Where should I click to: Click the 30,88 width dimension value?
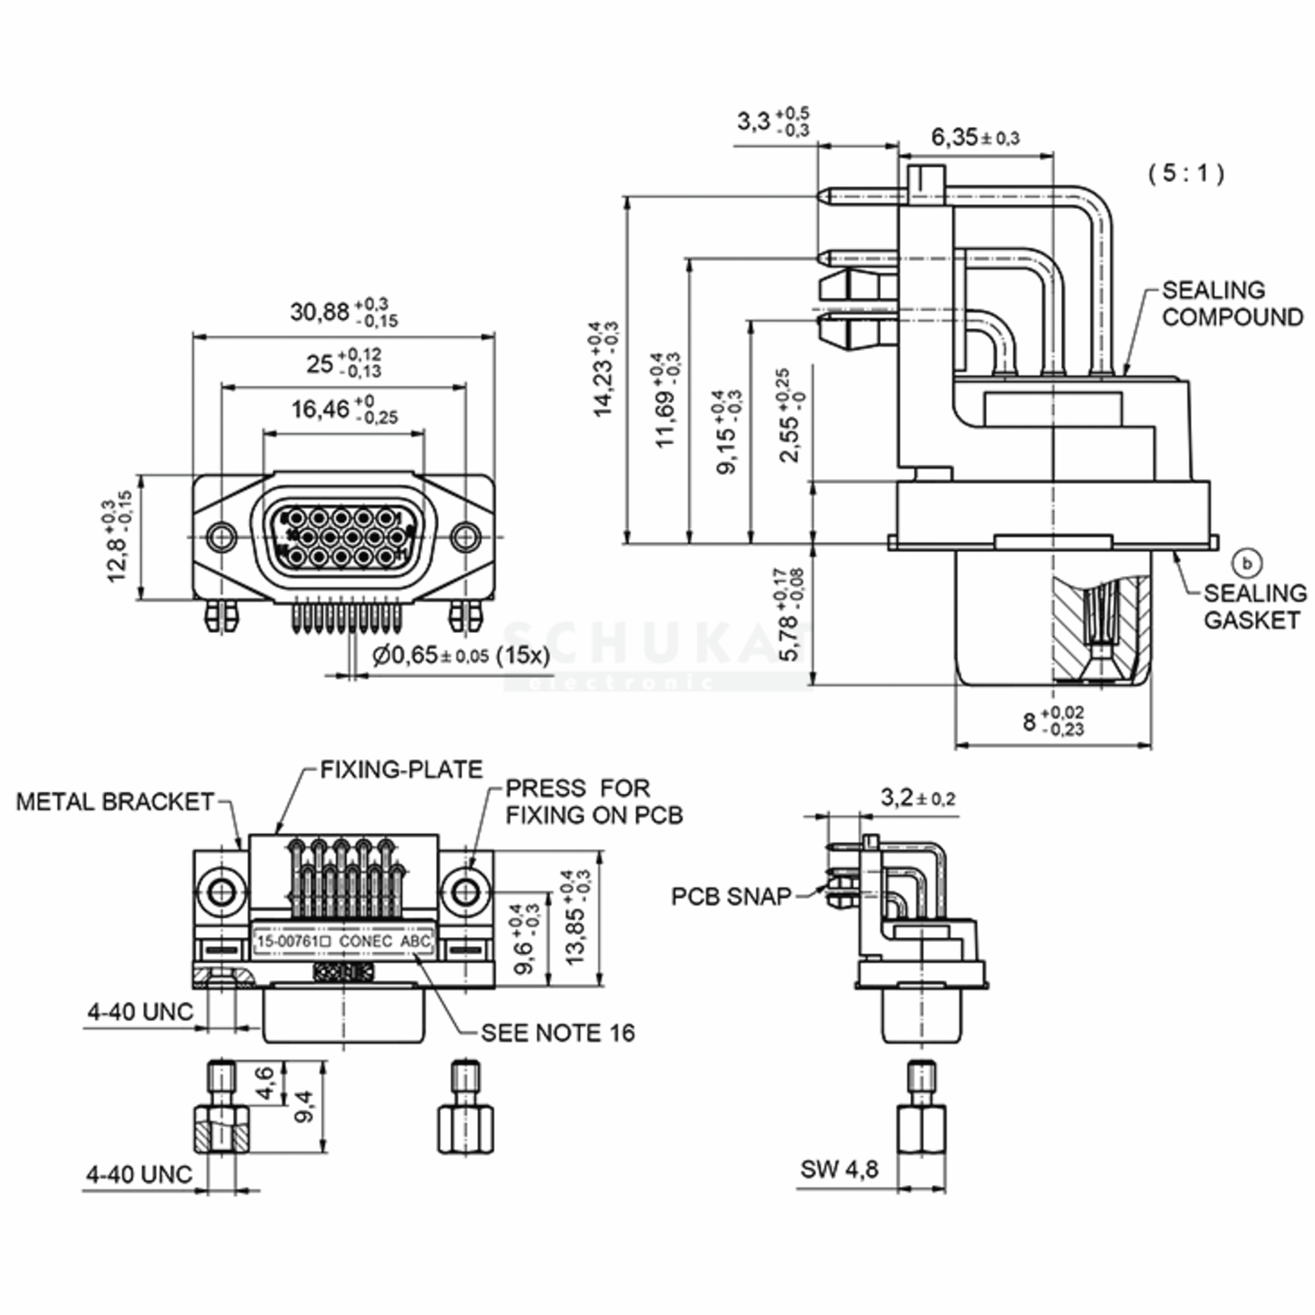click(344, 312)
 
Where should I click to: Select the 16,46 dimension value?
click(344, 409)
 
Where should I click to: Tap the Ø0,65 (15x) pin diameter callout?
click(461, 655)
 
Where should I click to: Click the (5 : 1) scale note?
click(1186, 174)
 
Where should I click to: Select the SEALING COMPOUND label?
click(1232, 304)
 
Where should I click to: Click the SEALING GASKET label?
click(1254, 607)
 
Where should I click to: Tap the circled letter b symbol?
click(1248, 564)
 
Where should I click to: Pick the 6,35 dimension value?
click(975, 138)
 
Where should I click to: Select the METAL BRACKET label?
click(115, 802)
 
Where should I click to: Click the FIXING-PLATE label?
click(402, 770)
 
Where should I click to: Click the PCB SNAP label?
click(731, 896)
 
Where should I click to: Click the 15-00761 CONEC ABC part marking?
click(344, 941)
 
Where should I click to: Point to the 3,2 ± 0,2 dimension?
click(918, 798)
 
